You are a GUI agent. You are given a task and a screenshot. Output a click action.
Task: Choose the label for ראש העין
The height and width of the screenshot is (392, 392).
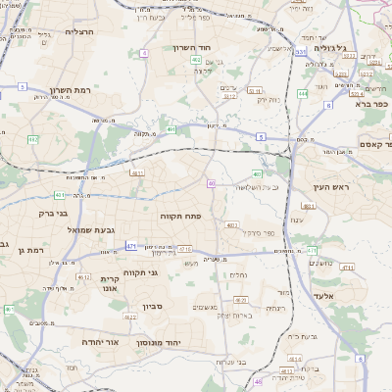coord(347,186)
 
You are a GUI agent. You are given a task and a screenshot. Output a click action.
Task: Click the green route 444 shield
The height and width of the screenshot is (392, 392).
coord(303,94)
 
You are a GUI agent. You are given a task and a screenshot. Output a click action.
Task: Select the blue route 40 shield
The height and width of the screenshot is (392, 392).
coord(212,183)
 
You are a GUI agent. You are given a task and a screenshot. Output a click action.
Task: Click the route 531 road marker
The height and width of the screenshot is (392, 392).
coord(300,51)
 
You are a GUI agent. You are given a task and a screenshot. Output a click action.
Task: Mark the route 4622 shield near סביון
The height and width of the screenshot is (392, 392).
coord(130,318)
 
